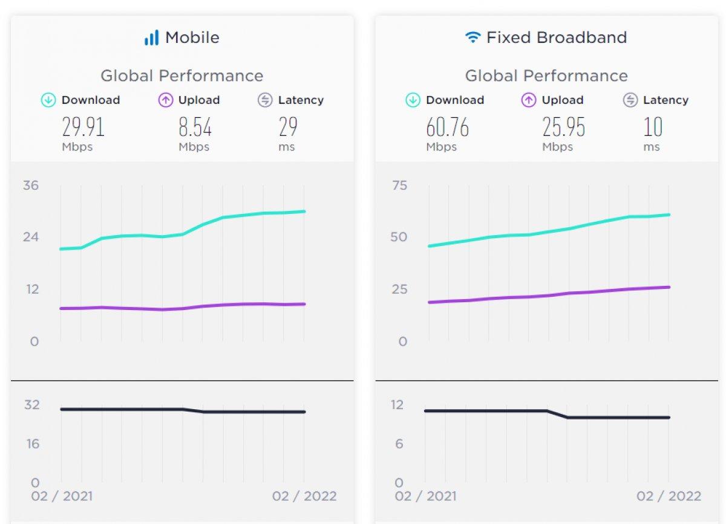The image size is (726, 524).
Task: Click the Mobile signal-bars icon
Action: [151, 37]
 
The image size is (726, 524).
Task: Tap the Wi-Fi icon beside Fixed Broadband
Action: [472, 37]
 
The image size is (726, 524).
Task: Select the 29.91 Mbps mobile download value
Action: [83, 128]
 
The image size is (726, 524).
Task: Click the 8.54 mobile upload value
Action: [195, 128]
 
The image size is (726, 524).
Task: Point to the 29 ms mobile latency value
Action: [288, 128]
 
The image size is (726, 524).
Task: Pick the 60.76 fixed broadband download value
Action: [447, 128]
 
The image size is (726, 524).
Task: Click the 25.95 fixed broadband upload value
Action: [563, 128]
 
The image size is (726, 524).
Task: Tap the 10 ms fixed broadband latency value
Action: [653, 128]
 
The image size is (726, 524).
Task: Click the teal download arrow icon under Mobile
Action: [48, 100]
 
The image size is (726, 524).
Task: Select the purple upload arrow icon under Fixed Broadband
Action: [529, 100]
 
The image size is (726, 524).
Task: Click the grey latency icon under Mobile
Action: [265, 100]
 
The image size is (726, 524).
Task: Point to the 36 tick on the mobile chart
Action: [31, 185]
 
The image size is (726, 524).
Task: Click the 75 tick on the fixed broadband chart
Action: [399, 185]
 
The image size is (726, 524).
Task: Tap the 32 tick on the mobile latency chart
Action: [31, 404]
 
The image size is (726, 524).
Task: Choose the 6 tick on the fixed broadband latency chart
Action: [398, 444]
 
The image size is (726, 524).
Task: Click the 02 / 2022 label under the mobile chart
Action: [304, 496]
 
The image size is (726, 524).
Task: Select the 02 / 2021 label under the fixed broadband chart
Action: [425, 496]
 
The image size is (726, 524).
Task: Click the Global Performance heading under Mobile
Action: [181, 76]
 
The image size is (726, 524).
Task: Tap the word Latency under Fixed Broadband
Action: [665, 100]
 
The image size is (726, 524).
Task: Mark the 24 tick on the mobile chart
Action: [31, 237]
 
